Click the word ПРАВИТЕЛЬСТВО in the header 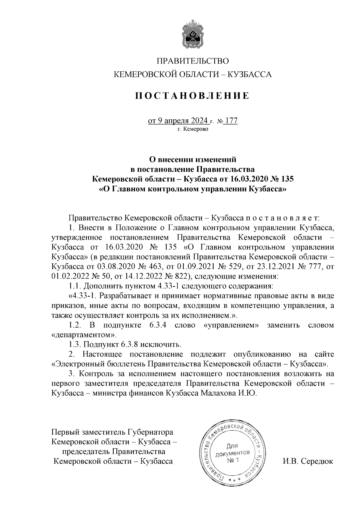(193, 61)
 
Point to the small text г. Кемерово (193, 130)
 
